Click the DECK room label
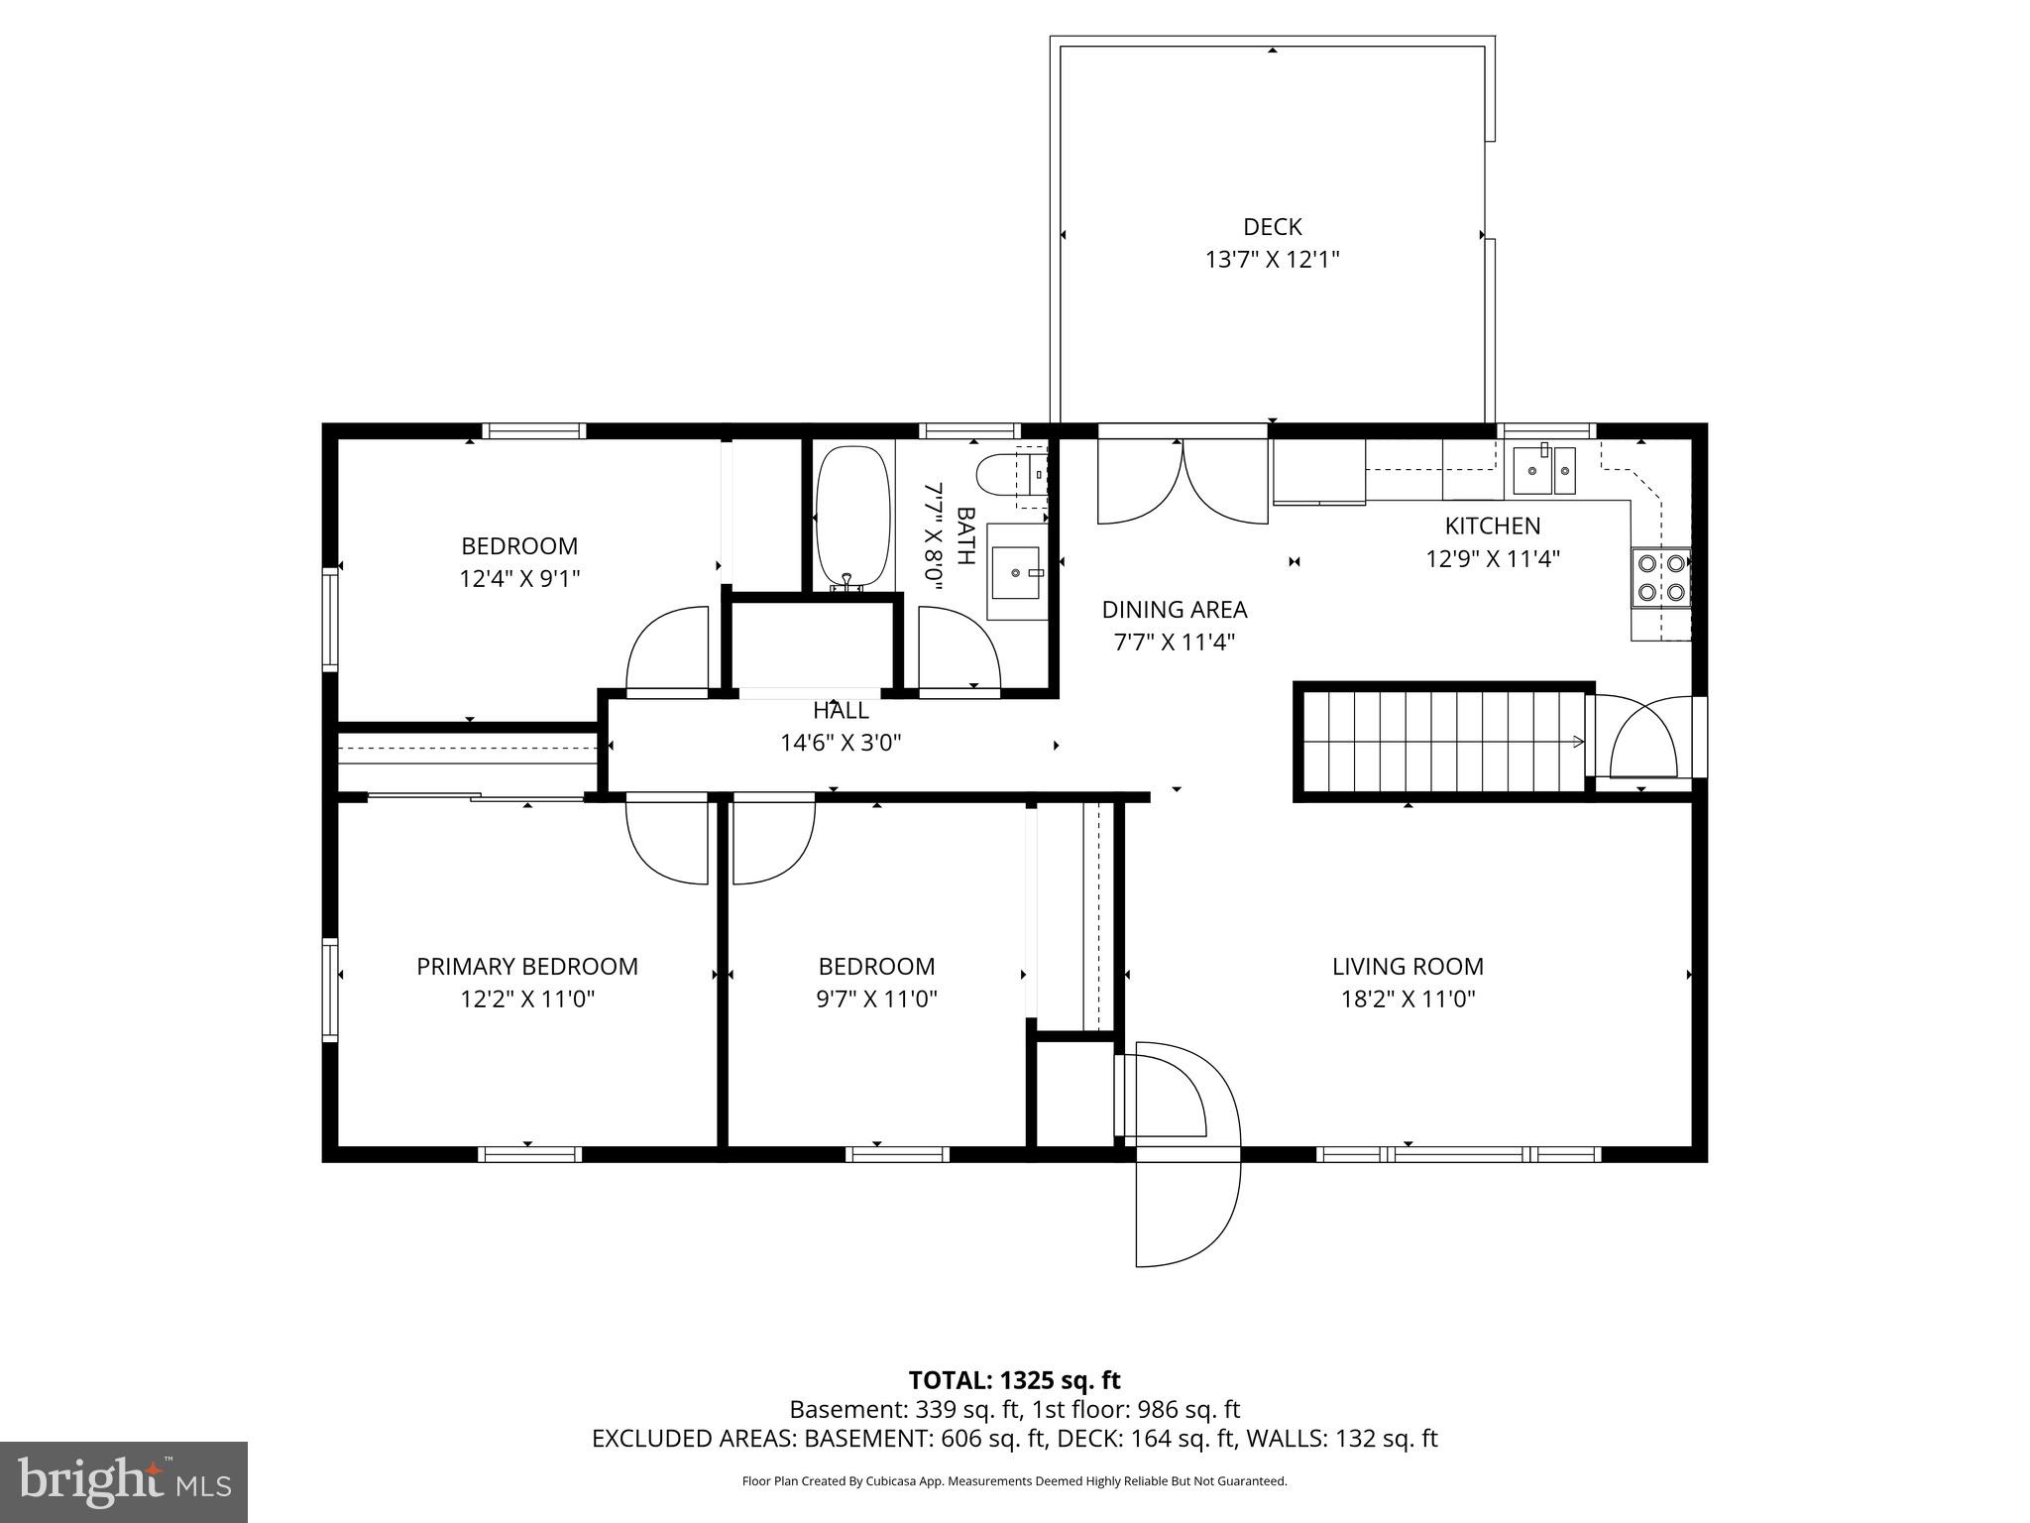coord(1272,227)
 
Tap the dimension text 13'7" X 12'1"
coord(1272,260)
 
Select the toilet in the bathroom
coord(1010,475)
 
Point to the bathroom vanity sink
coord(1017,572)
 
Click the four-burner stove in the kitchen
coord(1660,578)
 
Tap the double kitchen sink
coord(1544,471)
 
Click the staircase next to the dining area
coord(1442,740)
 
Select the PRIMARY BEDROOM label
coord(526,966)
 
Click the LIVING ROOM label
coord(1408,966)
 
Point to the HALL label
coord(841,710)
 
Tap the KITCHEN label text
coord(1492,526)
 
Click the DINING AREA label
coord(1174,609)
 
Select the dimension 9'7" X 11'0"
coord(876,998)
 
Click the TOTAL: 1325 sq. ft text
coord(1014,1379)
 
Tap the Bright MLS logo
coord(124,1481)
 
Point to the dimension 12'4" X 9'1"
coord(518,578)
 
